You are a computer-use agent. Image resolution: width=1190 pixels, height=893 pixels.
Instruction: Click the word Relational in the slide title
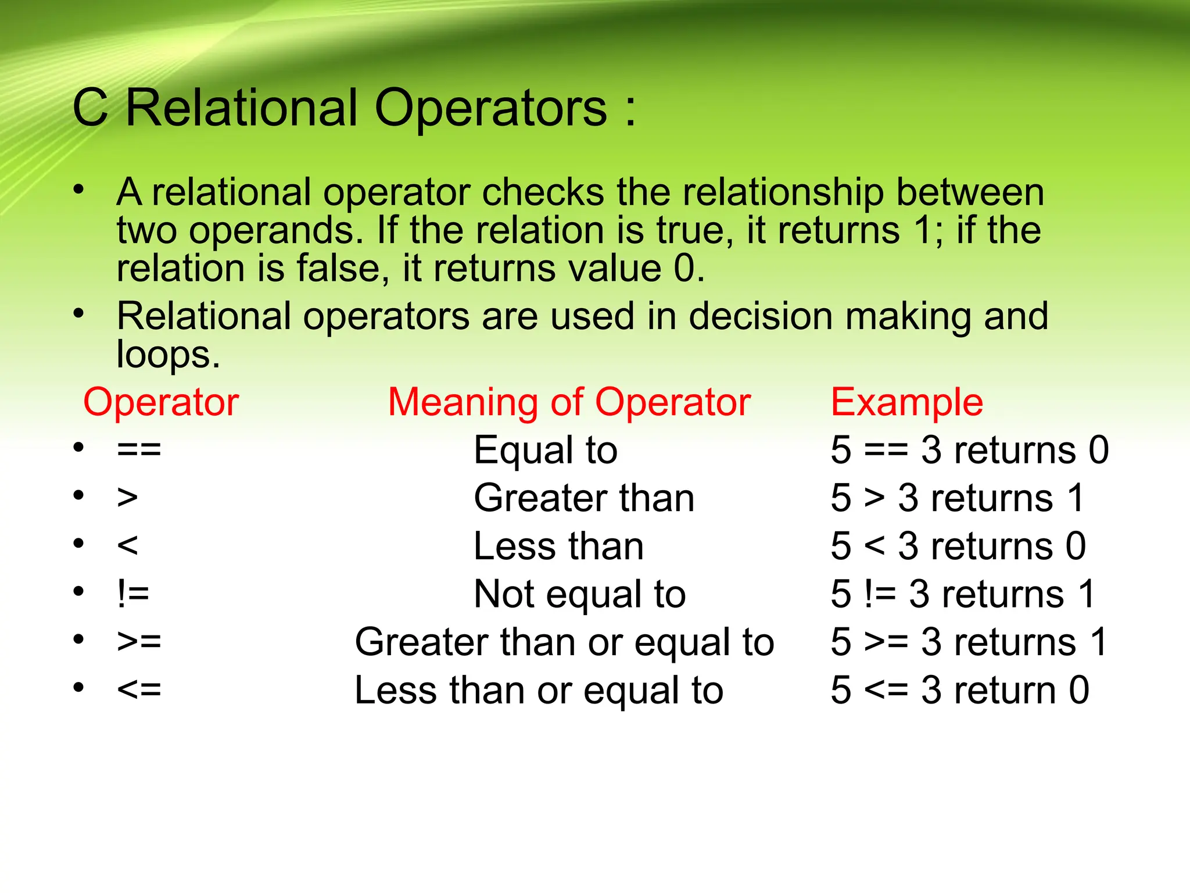(x=241, y=108)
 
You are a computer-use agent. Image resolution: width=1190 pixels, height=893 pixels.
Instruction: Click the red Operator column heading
(x=161, y=402)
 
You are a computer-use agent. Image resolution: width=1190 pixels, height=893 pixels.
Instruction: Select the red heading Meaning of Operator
(x=569, y=402)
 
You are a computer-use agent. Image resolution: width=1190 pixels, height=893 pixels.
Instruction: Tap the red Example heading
(x=906, y=402)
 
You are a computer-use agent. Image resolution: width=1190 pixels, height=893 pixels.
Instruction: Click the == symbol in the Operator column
(x=139, y=450)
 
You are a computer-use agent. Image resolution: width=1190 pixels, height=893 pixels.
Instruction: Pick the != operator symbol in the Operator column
(x=133, y=594)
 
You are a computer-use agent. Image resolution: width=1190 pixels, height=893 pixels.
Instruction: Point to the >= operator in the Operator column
(x=139, y=642)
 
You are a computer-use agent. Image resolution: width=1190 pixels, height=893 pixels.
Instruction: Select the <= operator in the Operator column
(x=139, y=690)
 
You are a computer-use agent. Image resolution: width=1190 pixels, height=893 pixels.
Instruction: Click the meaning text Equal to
(x=545, y=451)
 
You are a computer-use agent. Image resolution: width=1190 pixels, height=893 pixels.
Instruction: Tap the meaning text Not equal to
(x=579, y=595)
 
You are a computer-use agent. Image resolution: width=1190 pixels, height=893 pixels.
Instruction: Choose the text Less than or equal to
(x=539, y=691)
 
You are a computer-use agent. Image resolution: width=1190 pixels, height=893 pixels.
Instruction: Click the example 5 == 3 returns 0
(x=969, y=451)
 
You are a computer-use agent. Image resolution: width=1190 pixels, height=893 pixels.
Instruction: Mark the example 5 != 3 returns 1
(x=963, y=595)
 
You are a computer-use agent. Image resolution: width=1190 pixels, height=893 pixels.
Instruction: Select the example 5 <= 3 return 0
(x=959, y=691)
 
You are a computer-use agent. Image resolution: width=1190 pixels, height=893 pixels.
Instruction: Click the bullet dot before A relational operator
(x=79, y=190)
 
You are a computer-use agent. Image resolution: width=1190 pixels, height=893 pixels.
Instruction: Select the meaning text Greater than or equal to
(x=564, y=642)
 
